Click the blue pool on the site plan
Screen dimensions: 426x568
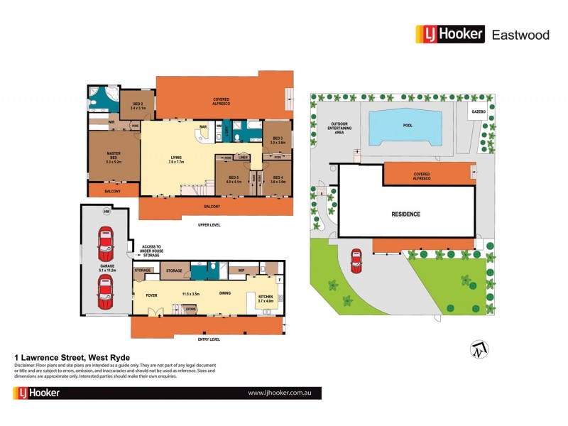point(407,126)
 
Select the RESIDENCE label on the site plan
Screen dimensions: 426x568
point(406,214)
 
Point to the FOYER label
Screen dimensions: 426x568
point(151,293)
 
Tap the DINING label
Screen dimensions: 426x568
point(224,293)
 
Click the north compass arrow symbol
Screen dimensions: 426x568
point(478,349)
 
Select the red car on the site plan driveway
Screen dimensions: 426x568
point(356,261)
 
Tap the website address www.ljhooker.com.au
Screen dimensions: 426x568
point(280,393)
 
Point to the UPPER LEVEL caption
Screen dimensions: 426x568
point(209,224)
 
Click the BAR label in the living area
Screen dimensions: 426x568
point(202,127)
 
